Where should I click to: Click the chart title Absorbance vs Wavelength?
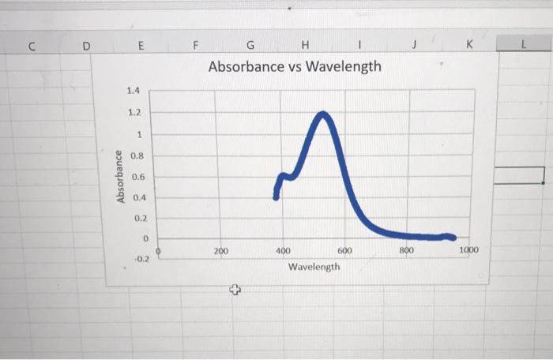point(294,66)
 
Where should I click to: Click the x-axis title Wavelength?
point(314,267)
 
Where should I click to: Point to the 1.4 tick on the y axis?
point(133,91)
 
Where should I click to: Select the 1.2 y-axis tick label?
point(133,112)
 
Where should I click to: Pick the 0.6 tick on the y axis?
point(137,176)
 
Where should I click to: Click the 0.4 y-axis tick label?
point(139,197)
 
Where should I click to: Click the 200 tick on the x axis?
point(220,250)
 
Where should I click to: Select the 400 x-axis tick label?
point(283,250)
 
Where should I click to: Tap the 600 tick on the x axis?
point(345,250)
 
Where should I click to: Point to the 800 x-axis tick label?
point(406,249)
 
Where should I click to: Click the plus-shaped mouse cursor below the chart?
point(234,291)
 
